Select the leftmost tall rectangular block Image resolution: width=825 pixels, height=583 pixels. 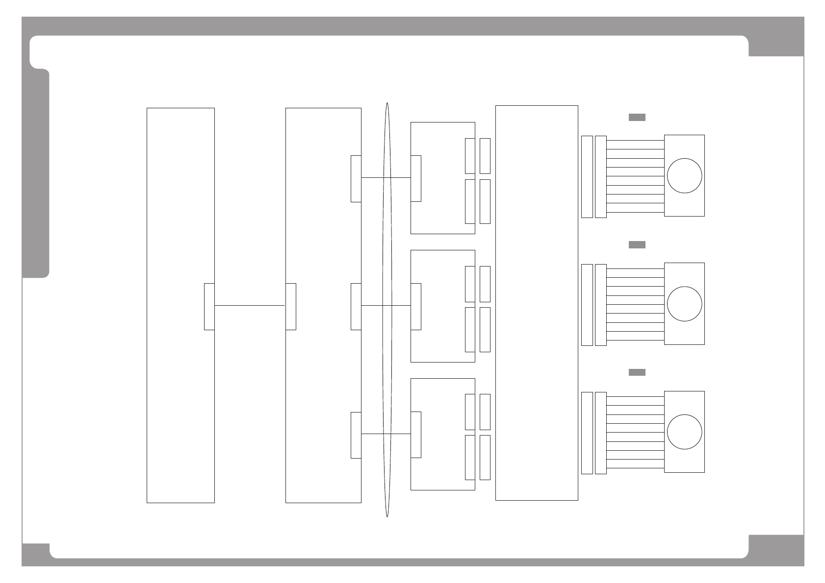point(180,196)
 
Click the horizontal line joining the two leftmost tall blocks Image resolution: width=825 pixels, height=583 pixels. point(250,306)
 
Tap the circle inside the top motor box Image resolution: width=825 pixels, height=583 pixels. point(684,176)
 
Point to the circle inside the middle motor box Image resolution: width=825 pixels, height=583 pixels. point(684,304)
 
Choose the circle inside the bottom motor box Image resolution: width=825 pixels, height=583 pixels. point(684,432)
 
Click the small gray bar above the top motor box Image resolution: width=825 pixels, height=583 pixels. point(637,117)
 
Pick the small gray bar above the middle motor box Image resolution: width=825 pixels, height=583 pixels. point(637,245)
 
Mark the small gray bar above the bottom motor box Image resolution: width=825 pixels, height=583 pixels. point(637,372)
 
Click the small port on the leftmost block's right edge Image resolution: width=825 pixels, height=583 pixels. point(209,306)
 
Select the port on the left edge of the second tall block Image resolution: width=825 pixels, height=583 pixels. point(291,306)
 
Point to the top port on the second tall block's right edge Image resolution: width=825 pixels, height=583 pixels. point(356,178)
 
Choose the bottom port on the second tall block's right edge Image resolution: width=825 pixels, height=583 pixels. point(356,435)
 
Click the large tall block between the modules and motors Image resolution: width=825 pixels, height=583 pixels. point(537,303)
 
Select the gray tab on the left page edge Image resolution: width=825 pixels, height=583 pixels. point(35,174)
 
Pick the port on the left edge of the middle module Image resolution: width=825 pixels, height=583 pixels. point(416,306)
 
